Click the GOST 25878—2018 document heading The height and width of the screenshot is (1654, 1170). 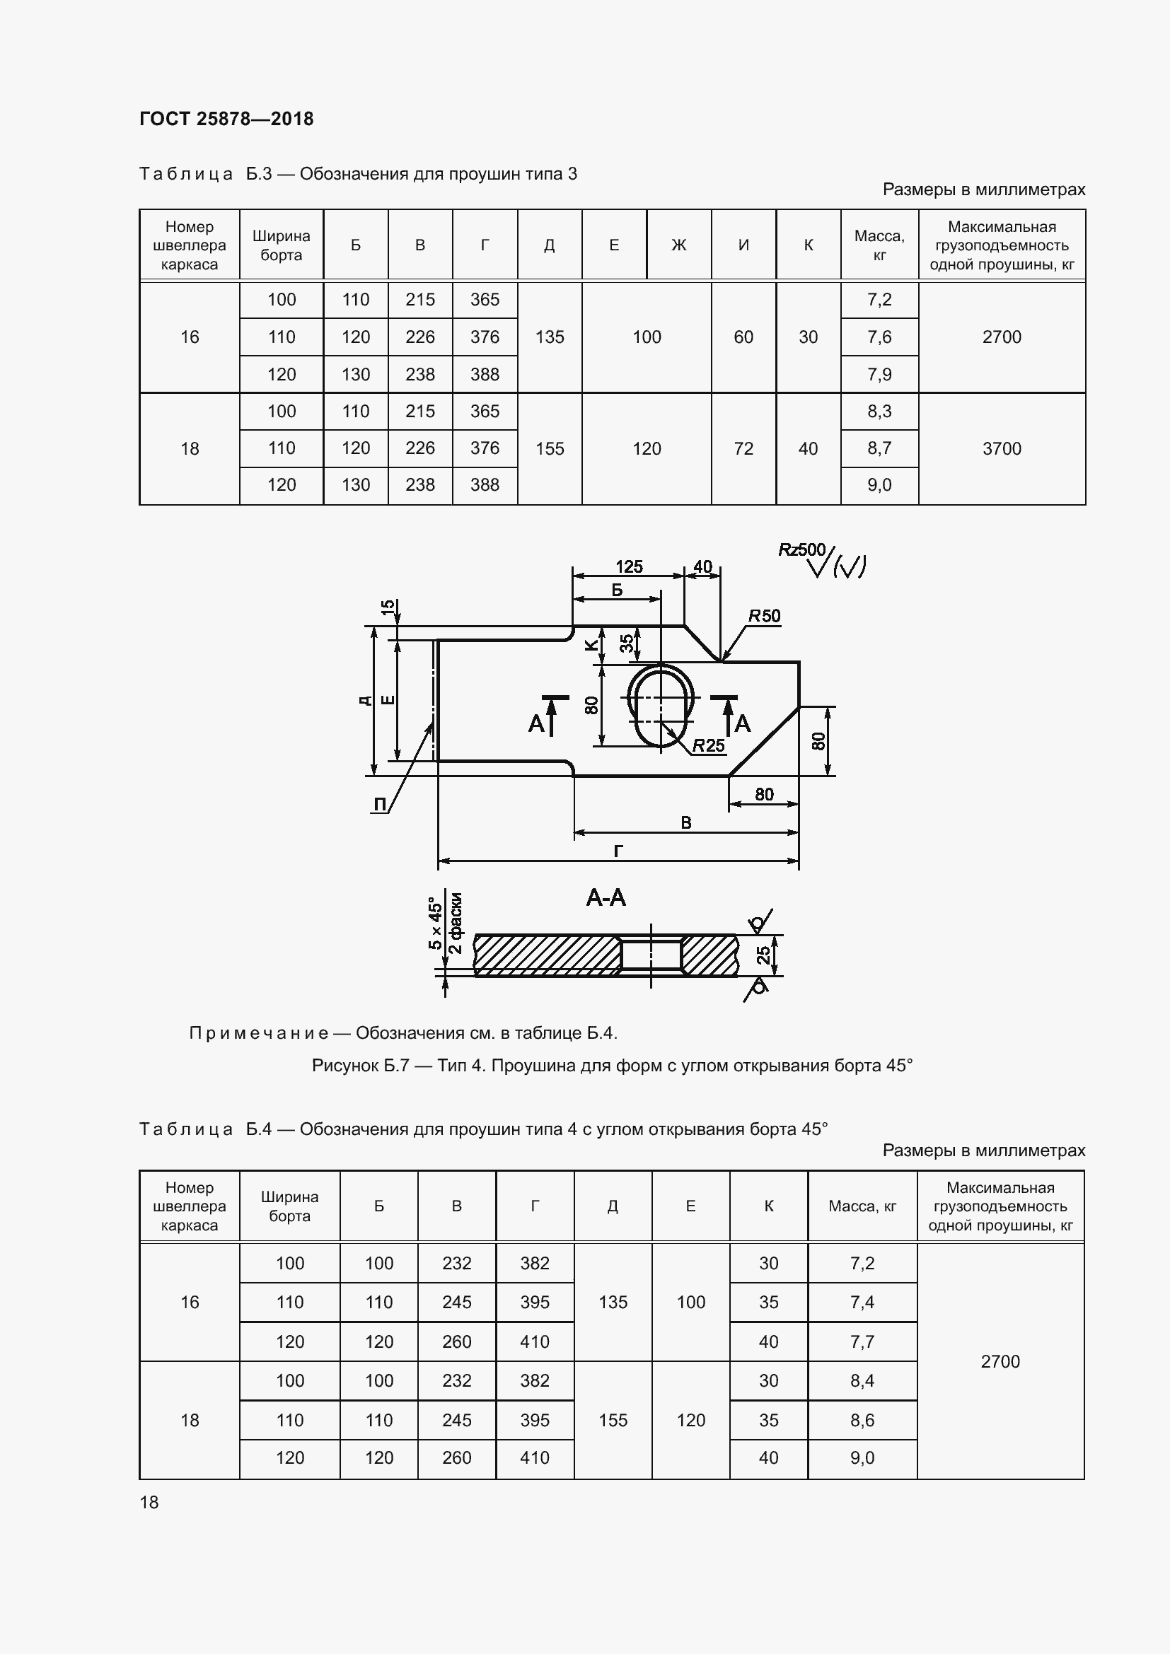(226, 119)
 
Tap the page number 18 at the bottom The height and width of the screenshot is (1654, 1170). (149, 1502)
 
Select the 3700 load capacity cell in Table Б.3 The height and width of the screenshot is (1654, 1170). (1002, 449)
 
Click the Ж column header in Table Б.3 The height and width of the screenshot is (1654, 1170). (678, 245)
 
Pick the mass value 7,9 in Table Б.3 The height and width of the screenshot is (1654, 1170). (879, 375)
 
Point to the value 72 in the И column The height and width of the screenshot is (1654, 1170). (743, 449)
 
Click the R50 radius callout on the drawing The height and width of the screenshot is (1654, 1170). (764, 616)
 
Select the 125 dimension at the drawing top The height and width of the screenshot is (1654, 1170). (629, 567)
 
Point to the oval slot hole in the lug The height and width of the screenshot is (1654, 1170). (661, 706)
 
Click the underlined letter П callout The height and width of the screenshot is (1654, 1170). (380, 805)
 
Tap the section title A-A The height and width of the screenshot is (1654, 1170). (606, 897)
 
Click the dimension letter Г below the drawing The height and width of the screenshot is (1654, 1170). (618, 851)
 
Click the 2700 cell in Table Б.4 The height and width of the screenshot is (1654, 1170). (1000, 1361)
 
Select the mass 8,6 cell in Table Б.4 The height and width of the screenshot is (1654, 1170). (862, 1420)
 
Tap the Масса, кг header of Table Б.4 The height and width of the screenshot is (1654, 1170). (862, 1206)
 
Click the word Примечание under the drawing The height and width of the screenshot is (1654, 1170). (259, 1033)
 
